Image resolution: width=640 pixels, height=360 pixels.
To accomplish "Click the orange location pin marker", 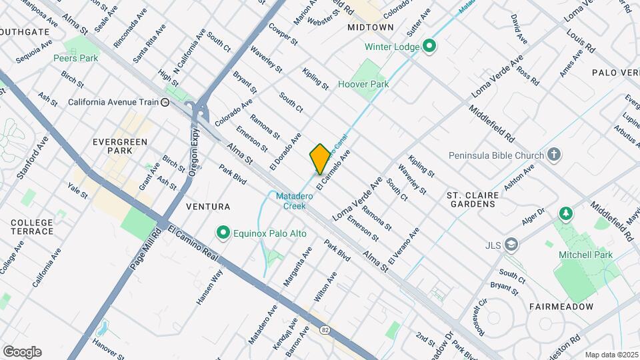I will click(320, 159).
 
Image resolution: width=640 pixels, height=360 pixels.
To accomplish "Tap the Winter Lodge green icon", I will click(430, 47).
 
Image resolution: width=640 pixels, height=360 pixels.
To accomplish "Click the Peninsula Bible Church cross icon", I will click(553, 155).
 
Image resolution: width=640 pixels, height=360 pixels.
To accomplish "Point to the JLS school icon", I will click(511, 244).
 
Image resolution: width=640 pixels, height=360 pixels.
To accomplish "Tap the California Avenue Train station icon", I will click(164, 102).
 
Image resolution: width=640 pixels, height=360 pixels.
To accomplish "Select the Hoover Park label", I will click(363, 85).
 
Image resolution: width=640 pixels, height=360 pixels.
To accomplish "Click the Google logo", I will click(22, 352).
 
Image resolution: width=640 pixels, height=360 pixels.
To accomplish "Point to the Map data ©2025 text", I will click(611, 355).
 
